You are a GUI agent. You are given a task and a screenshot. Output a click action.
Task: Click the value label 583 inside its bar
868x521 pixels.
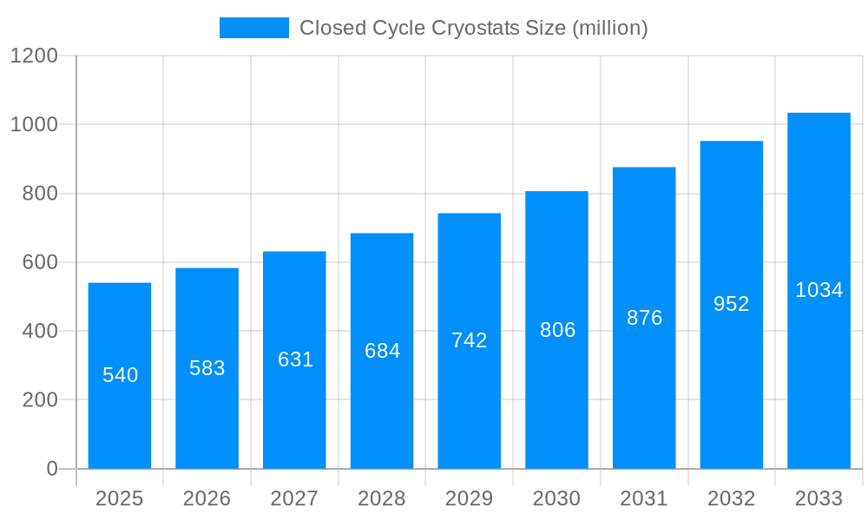tap(207, 368)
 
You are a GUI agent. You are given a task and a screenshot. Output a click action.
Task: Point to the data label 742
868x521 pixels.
tap(470, 340)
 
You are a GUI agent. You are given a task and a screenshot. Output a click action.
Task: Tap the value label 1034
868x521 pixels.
tap(819, 290)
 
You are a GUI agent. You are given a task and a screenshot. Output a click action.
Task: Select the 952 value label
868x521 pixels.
tap(731, 304)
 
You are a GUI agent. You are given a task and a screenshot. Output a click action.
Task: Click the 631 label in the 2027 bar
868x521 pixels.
tap(295, 359)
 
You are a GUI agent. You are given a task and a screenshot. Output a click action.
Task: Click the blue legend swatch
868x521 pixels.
tap(253, 28)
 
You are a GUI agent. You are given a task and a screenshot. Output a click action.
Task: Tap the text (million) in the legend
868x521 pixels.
tap(609, 28)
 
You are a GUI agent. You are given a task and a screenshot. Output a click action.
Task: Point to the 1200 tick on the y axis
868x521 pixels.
tap(33, 56)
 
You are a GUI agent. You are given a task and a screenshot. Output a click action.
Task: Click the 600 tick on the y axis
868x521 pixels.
tap(39, 262)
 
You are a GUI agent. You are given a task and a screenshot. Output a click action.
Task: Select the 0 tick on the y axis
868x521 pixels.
tap(51, 469)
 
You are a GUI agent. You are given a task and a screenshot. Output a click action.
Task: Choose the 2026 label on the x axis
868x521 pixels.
tap(207, 498)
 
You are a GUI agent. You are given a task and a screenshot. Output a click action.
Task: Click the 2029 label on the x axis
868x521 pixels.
tap(470, 498)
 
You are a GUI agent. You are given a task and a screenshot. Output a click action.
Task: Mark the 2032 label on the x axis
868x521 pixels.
tap(731, 498)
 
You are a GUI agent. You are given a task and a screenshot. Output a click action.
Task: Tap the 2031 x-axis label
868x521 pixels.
tap(644, 498)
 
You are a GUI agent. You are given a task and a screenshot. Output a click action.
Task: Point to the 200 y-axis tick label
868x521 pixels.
tap(39, 400)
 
